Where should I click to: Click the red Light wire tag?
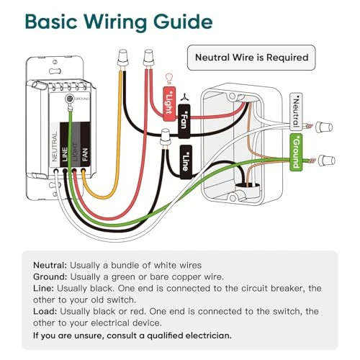(x=169, y=104)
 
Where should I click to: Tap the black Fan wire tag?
(x=184, y=121)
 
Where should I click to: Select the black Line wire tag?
(x=186, y=162)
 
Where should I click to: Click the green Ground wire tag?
(x=296, y=153)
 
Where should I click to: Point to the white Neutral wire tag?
(x=296, y=112)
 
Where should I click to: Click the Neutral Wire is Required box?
(x=251, y=58)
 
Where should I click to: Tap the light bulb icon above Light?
(x=169, y=78)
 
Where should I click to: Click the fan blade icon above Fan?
(x=184, y=97)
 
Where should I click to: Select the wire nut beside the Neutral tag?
(x=324, y=127)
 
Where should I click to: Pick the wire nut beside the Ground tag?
(x=326, y=161)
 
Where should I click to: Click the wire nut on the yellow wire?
(x=122, y=58)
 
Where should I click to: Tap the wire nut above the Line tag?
(x=165, y=138)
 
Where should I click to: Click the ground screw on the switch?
(x=69, y=98)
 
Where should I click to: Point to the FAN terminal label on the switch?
(x=85, y=154)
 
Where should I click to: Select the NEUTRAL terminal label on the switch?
(x=55, y=146)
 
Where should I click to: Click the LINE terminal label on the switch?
(x=65, y=154)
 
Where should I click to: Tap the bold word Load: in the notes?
(x=45, y=311)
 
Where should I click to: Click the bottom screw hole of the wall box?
(x=233, y=198)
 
